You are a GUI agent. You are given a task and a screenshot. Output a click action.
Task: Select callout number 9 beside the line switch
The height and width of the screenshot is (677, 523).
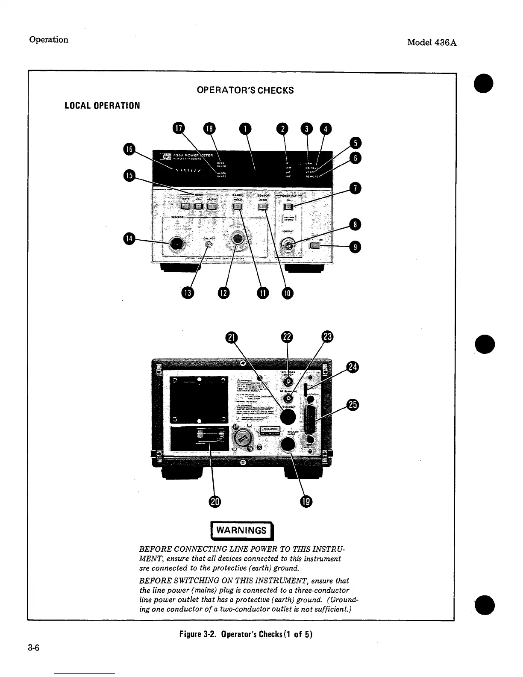355,247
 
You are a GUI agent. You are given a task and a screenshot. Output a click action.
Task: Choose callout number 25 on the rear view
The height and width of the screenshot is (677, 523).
353,405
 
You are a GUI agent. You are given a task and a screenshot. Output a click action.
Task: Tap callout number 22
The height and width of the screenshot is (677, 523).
287,337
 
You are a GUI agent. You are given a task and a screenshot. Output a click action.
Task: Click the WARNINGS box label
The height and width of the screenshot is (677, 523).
241,531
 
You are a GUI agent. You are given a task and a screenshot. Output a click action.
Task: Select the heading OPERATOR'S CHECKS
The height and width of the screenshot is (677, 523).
245,91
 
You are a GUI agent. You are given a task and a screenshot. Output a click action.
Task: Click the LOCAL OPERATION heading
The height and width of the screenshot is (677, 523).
102,106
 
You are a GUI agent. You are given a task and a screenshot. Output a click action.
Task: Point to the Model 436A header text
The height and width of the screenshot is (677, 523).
432,42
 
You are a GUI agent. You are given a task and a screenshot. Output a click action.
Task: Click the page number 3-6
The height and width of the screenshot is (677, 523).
34,648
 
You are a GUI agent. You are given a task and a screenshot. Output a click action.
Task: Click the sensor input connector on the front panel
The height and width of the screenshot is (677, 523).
176,244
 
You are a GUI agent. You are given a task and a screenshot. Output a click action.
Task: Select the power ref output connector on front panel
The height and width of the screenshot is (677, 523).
289,246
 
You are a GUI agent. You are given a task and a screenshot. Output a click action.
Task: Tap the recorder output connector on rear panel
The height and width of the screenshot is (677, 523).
289,381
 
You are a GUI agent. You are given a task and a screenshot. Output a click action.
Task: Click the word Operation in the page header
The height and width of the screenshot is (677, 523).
49,40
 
